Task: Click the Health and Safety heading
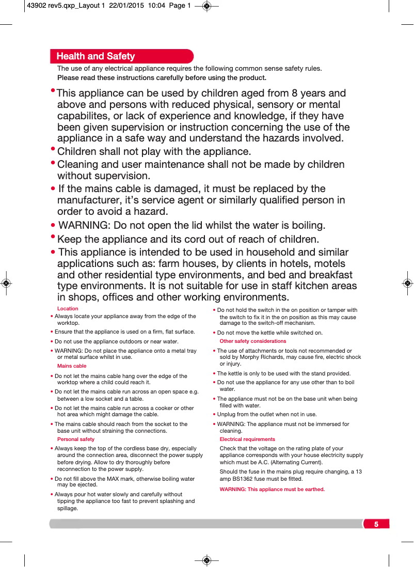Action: tap(95, 56)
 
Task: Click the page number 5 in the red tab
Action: tap(376, 524)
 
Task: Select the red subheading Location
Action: tap(68, 309)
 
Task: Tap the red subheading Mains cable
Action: tap(72, 366)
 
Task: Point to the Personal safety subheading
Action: tap(76, 439)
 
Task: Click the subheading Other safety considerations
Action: tap(252, 341)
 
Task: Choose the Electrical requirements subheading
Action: tap(247, 439)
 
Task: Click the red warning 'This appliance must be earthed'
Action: tap(272, 490)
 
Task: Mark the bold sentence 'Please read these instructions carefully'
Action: tap(162, 78)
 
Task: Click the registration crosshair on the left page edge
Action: tap(6, 283)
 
